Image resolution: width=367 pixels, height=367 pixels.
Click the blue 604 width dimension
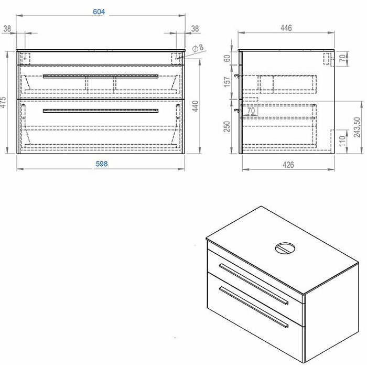[99, 12]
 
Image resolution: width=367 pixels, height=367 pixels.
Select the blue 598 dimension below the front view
[102, 164]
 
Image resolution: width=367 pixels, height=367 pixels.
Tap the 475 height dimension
[3, 102]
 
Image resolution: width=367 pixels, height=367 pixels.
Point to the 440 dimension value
[196, 106]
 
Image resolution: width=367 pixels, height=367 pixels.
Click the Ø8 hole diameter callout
[198, 48]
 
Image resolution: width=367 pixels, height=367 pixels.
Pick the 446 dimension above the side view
[286, 28]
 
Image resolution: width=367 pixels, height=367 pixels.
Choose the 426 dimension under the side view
[288, 165]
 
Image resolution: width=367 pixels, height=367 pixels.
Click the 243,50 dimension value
[357, 127]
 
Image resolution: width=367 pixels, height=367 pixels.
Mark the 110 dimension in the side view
[342, 142]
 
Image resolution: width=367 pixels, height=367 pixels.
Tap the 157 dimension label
[227, 82]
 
